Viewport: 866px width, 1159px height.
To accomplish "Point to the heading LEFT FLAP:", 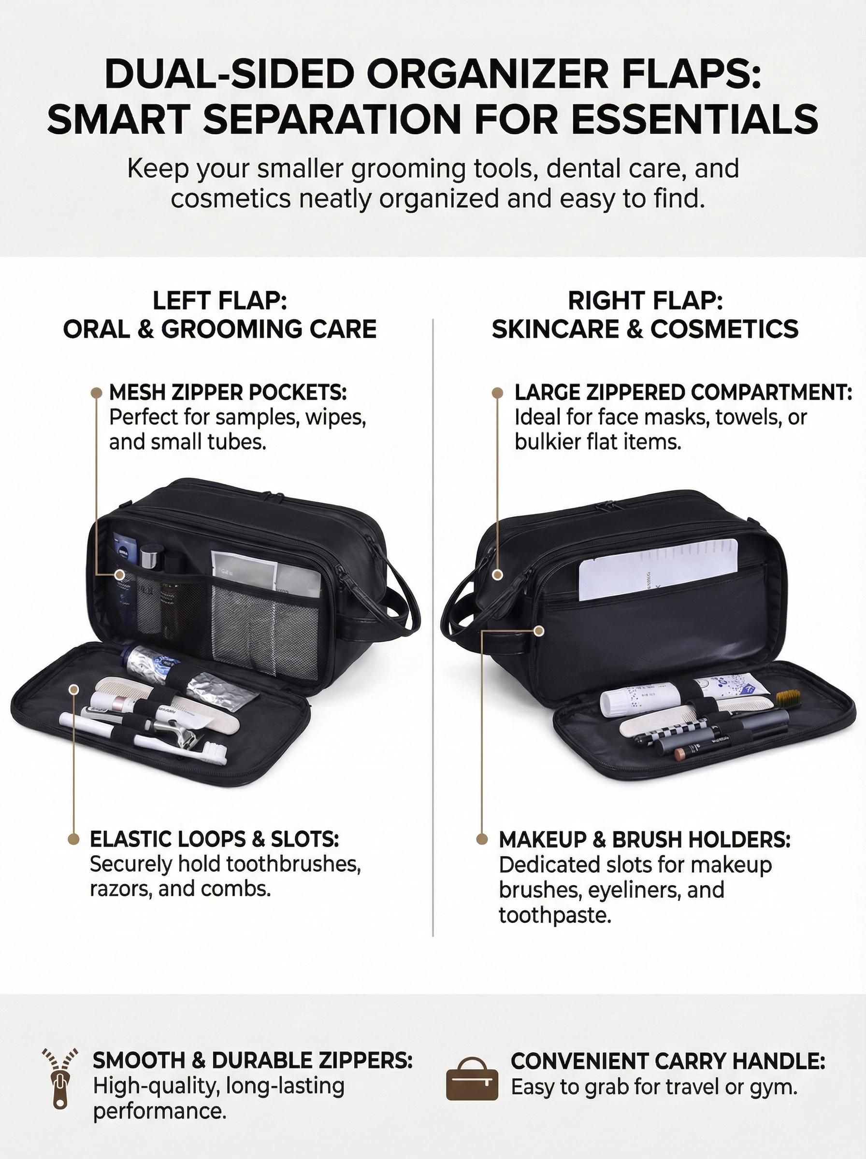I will coord(220,301).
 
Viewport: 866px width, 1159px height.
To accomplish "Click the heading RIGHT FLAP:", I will coord(645,301).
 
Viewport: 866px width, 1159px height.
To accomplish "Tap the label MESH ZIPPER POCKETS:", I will coord(228,392).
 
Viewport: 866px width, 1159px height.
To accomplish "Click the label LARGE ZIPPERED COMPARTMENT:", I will coord(683,392).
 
